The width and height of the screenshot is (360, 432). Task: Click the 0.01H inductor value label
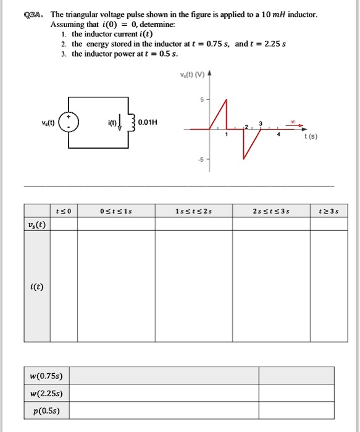[x=149, y=122]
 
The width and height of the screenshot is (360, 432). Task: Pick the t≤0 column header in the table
[x=64, y=211]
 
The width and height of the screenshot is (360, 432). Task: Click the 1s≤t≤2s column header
[x=193, y=211]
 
